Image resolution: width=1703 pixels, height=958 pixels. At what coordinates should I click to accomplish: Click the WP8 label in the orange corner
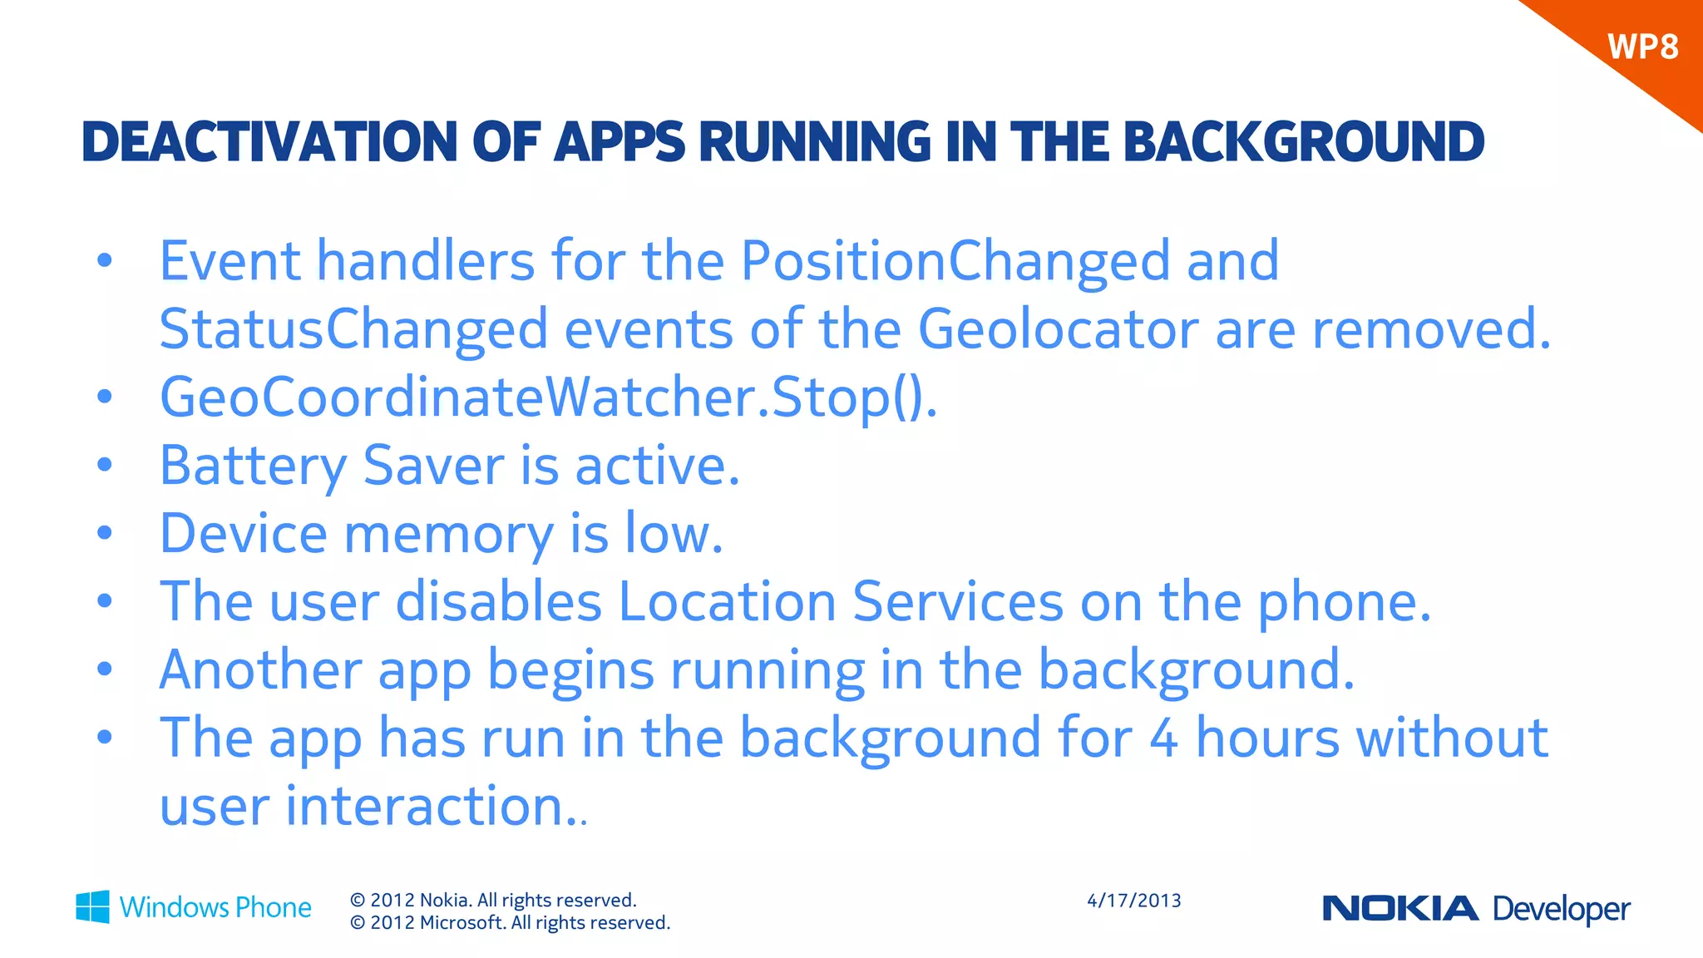(x=1642, y=47)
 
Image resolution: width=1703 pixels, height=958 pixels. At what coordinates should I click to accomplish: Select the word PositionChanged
(x=955, y=262)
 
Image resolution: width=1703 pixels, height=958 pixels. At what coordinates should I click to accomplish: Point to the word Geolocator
(x=1058, y=329)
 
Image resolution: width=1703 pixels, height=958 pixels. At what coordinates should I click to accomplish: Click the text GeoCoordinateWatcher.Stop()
(x=548, y=398)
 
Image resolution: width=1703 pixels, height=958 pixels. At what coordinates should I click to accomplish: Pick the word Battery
(x=253, y=466)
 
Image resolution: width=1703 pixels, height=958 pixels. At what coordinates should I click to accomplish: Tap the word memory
(x=448, y=534)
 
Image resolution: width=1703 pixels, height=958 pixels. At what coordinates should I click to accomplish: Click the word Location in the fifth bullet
(x=727, y=601)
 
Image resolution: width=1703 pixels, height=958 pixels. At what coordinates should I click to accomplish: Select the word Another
(x=260, y=669)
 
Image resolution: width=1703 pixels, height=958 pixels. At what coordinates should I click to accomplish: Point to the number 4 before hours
(x=1163, y=738)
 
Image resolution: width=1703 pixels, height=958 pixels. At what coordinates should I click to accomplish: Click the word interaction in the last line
(x=426, y=806)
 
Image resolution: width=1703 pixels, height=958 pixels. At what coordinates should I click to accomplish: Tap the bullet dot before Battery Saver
(x=104, y=465)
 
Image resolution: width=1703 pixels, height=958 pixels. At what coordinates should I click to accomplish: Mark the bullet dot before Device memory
(x=104, y=533)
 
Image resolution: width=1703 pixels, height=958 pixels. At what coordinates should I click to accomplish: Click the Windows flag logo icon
(x=92, y=906)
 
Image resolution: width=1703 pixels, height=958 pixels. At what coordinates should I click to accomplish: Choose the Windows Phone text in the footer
(x=215, y=907)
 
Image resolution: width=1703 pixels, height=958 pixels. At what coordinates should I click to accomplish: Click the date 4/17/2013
(x=1133, y=901)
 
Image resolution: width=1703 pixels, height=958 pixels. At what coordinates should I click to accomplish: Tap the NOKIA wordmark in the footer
(x=1400, y=909)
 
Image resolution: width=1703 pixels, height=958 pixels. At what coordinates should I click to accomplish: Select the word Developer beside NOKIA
(x=1561, y=909)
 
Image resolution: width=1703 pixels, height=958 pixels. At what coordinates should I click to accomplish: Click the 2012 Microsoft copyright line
(x=510, y=923)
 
